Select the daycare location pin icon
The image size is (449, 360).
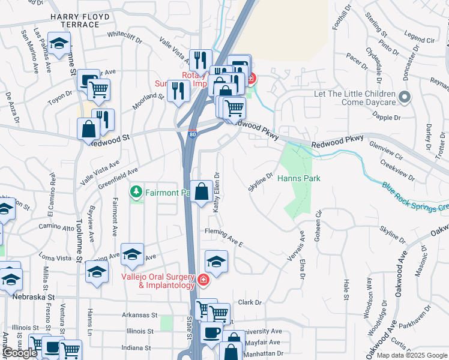(x=405, y=97)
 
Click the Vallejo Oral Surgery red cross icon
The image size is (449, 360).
(x=203, y=280)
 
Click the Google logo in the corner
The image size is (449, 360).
(x=20, y=352)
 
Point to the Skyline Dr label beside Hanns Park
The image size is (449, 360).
(x=262, y=182)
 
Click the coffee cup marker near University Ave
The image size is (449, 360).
(x=211, y=332)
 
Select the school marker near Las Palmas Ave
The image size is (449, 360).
(x=59, y=43)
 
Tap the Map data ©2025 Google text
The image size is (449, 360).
(x=411, y=355)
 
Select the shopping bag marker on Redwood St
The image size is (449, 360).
(x=89, y=130)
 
